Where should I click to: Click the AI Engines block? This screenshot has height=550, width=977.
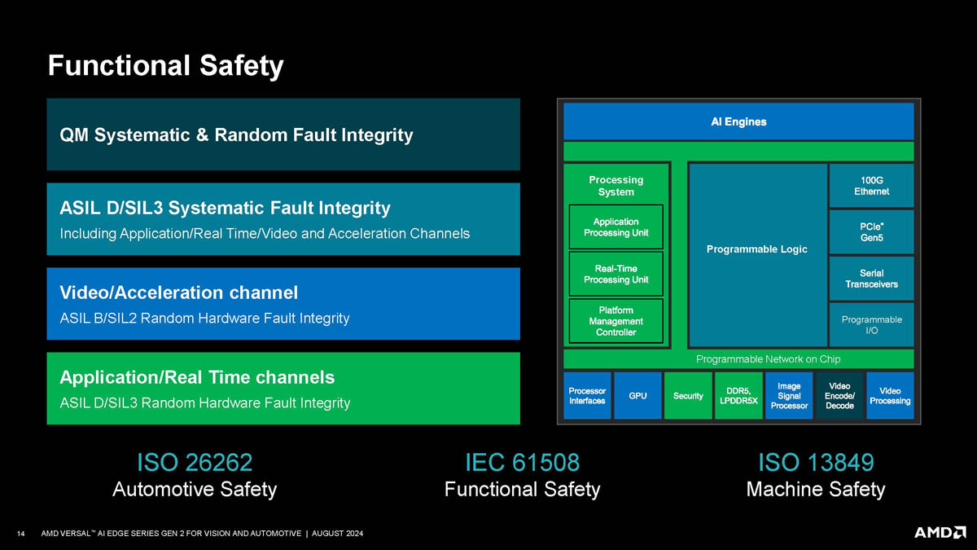[738, 121]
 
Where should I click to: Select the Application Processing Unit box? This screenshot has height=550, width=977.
[616, 227]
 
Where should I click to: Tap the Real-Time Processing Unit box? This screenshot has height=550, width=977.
[616, 274]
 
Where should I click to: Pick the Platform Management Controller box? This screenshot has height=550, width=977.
[616, 321]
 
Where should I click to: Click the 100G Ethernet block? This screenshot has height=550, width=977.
[871, 185]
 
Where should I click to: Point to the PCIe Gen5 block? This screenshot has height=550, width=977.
[871, 231]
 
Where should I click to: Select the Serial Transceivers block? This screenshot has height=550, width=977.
[871, 278]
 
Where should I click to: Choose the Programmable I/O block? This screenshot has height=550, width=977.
[871, 325]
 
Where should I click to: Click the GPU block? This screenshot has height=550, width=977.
[637, 396]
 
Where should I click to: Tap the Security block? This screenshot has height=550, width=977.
[688, 396]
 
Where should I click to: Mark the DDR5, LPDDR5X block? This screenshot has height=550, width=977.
[738, 396]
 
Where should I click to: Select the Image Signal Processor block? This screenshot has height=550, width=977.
[789, 396]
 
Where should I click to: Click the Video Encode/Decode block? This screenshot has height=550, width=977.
[839, 396]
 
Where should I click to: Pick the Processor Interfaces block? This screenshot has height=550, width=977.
[587, 396]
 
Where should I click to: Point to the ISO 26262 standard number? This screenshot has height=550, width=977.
[195, 463]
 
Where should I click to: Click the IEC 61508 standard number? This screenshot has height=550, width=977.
[522, 463]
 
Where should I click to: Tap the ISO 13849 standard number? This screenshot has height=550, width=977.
[816, 463]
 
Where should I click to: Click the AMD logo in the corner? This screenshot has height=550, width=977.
[940, 532]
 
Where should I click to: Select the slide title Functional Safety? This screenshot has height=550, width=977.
[165, 65]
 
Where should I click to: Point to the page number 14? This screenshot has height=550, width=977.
[22, 534]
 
